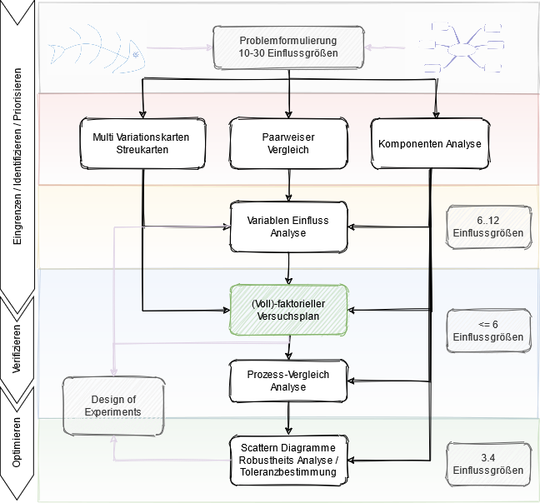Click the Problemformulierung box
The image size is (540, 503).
coord(288,47)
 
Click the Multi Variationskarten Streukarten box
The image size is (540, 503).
coord(142,143)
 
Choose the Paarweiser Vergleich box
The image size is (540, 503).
coord(288,143)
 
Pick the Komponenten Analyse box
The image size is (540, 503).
coord(429,143)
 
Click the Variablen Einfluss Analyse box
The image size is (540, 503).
coord(288,227)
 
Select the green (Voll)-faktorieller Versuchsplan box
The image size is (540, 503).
coord(288,311)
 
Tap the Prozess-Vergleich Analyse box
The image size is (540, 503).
coord(288,381)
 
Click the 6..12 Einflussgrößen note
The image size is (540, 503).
coord(487,227)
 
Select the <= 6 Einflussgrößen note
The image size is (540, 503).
coord(487,331)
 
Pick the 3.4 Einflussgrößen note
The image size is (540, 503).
coord(487,463)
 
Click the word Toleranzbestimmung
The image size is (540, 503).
coord(288,472)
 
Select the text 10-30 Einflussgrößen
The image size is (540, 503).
coord(288,53)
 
